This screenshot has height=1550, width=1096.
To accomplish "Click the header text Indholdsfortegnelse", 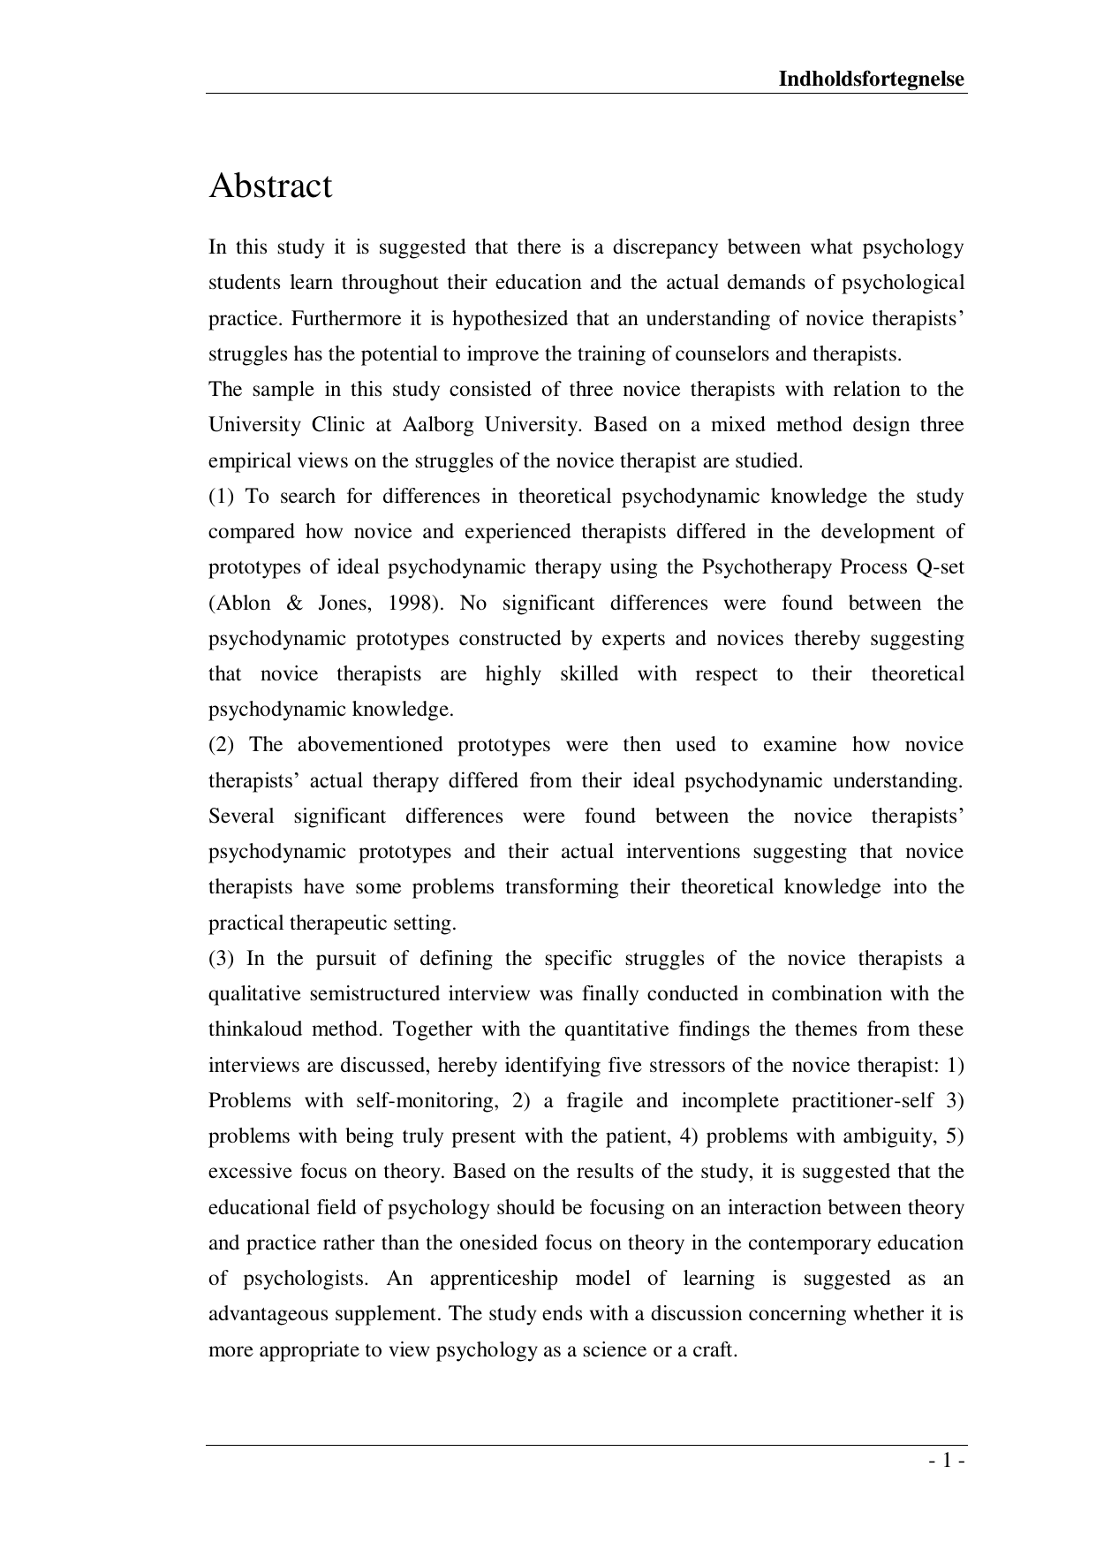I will tap(871, 80).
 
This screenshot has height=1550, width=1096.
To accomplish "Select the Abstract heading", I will tap(270, 186).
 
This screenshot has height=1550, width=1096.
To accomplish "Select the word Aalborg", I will tap(437, 425).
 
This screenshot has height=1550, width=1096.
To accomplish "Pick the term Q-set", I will tap(941, 567).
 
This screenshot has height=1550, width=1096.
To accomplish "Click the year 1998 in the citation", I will tap(412, 604).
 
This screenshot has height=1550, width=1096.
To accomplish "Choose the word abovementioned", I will tap(370, 745).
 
